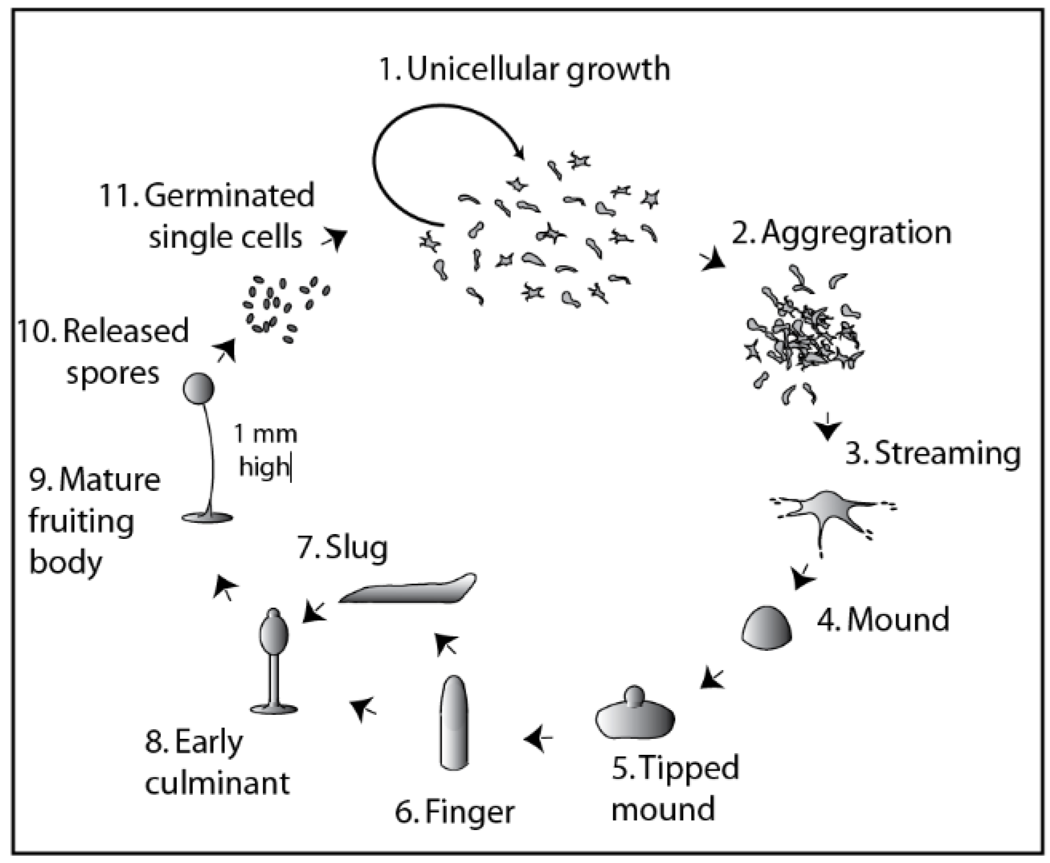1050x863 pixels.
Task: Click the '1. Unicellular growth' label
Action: click(524, 69)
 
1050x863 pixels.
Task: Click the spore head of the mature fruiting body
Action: click(198, 389)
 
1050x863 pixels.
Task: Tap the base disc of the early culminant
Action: click(274, 708)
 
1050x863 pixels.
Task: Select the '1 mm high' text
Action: click(265, 450)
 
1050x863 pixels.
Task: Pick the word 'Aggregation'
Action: click(856, 233)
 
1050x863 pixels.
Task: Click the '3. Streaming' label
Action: click(933, 453)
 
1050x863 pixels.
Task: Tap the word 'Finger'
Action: click(470, 812)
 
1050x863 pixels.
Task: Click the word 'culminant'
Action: click(217, 784)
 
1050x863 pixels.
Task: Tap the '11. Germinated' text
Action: click(207, 195)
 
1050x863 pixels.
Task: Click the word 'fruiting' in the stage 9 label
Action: click(81, 521)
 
